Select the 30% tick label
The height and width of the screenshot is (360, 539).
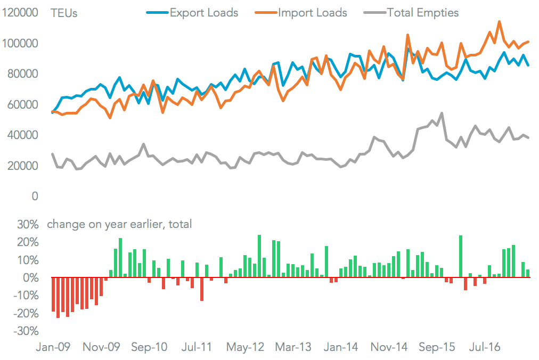point(28,225)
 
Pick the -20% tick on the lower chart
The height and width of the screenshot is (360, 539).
point(26,313)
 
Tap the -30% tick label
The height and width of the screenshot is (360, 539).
point(26,331)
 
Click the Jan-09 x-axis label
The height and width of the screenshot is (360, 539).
point(53,347)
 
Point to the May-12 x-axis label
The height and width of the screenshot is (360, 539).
point(245,347)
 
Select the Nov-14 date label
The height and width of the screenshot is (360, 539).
point(389,347)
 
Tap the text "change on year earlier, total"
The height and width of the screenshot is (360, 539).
point(119,225)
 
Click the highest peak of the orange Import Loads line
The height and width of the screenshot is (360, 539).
point(499,22)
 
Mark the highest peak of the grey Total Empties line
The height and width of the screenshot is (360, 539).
point(442,113)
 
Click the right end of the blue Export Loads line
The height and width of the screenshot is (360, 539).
point(528,65)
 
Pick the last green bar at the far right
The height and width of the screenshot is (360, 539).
point(528,274)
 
